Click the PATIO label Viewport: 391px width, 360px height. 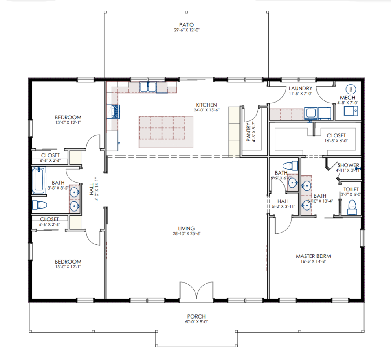186,25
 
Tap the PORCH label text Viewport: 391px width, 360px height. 196,316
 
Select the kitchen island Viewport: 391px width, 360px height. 166,132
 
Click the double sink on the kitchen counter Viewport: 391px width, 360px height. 149,87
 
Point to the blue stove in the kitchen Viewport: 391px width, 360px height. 116,111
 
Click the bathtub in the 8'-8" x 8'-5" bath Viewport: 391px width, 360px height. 40,181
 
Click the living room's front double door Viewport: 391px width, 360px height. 196,291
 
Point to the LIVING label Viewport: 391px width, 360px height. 187,228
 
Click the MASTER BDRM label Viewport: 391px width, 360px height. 313,256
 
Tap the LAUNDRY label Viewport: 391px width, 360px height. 300,88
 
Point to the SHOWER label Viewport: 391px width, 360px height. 348,165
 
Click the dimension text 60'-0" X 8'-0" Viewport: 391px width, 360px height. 196,322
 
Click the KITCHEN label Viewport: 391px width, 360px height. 205,105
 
